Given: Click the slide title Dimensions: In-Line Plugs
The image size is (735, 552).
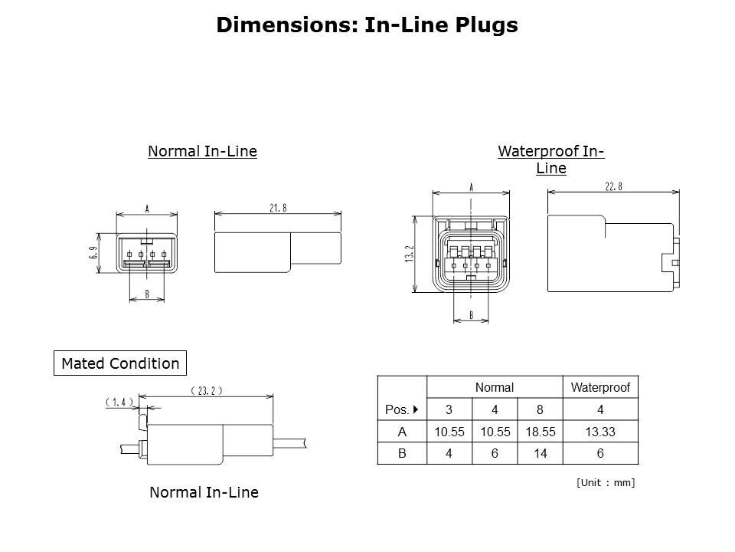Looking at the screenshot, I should pos(367,25).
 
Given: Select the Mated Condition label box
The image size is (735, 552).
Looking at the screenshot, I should pos(120,363).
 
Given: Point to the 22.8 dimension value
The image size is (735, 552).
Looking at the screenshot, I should pos(614,187).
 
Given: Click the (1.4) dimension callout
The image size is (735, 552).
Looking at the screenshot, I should pos(119,402).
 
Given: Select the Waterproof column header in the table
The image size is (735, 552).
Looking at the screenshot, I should pos(600,388).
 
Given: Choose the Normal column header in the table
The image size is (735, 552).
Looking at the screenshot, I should pos(494,388).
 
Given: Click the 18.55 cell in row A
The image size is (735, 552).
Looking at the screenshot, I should pos(540,432).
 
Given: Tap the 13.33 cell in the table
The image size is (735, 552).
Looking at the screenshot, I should pos(600,432).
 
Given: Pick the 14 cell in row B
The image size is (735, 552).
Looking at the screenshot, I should pos(540,454).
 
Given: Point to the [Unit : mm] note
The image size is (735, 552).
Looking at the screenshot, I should pos(605,482).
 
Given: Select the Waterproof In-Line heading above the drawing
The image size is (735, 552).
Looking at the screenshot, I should pos(550,159).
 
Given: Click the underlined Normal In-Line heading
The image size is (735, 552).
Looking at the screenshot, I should pos(202,152).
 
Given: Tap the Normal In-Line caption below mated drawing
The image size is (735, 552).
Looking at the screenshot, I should pos(204,493).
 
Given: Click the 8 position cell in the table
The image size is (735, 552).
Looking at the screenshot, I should pos(540,410).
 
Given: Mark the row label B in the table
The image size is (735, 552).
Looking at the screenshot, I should pos(402,454).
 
